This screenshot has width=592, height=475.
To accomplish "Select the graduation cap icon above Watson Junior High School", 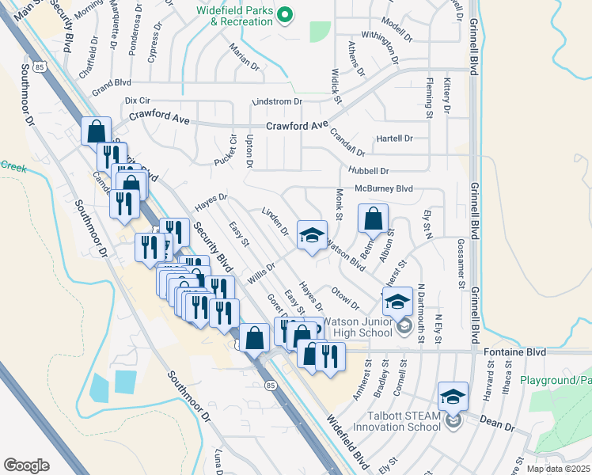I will pos(397,301).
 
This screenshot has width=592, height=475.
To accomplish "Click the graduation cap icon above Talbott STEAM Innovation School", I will pos(453,396).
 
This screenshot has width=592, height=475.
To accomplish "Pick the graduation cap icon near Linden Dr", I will pos(312,234).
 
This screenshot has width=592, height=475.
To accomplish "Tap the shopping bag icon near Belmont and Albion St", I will pos(373,218).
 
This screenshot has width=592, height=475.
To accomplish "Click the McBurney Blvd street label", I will pos(384,189).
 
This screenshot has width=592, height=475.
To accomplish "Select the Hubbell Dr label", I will pos(369,171).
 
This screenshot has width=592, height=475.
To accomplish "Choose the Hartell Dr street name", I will pos(395,139).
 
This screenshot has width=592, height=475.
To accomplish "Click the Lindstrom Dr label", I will pos(277,102).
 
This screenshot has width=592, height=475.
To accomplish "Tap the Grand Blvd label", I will pos(111,82).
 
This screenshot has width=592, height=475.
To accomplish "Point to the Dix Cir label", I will pos(138,101).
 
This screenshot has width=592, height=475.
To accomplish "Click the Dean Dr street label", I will pos(498,424).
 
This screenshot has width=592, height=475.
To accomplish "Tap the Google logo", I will pos(26,465).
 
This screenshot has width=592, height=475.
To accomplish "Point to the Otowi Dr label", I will pos(346,299).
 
